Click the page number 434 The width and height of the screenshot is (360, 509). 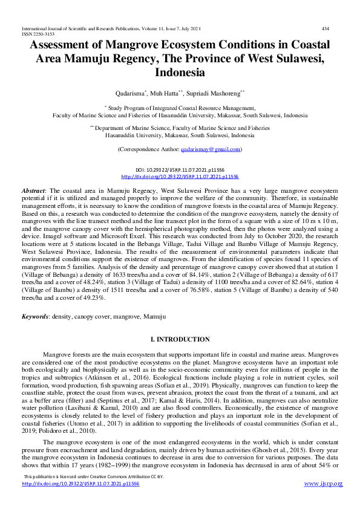(x=325, y=28)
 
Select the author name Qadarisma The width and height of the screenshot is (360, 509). (x=131, y=94)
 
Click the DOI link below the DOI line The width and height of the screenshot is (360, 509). (x=180, y=177)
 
